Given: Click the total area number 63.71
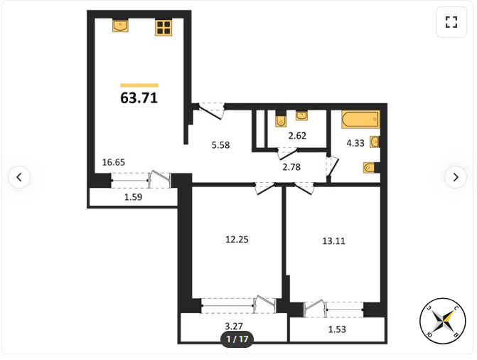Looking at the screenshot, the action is [139, 98].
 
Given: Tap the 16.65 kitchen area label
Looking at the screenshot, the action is [114, 162].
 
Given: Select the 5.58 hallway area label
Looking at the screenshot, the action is [220, 145].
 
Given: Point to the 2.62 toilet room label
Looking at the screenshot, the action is [297, 135].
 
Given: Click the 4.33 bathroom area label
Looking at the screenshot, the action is [355, 143].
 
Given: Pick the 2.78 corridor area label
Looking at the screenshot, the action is [291, 167].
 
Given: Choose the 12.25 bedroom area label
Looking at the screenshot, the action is [237, 239].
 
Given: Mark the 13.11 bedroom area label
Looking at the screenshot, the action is [333, 241].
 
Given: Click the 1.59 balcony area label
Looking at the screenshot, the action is [133, 197].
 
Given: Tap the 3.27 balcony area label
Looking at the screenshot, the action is [234, 326].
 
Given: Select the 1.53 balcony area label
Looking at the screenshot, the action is [337, 329].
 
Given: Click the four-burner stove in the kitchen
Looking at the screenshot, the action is [164, 28].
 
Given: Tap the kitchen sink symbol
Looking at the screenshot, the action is [120, 26].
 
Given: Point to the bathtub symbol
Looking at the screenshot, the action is [361, 119].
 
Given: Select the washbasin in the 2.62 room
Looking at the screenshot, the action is [301, 115].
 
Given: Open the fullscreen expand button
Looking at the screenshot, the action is [451, 22].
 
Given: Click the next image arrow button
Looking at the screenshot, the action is [456, 177].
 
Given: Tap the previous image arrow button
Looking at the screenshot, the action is [19, 177].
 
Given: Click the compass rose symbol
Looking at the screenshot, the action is [443, 321].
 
